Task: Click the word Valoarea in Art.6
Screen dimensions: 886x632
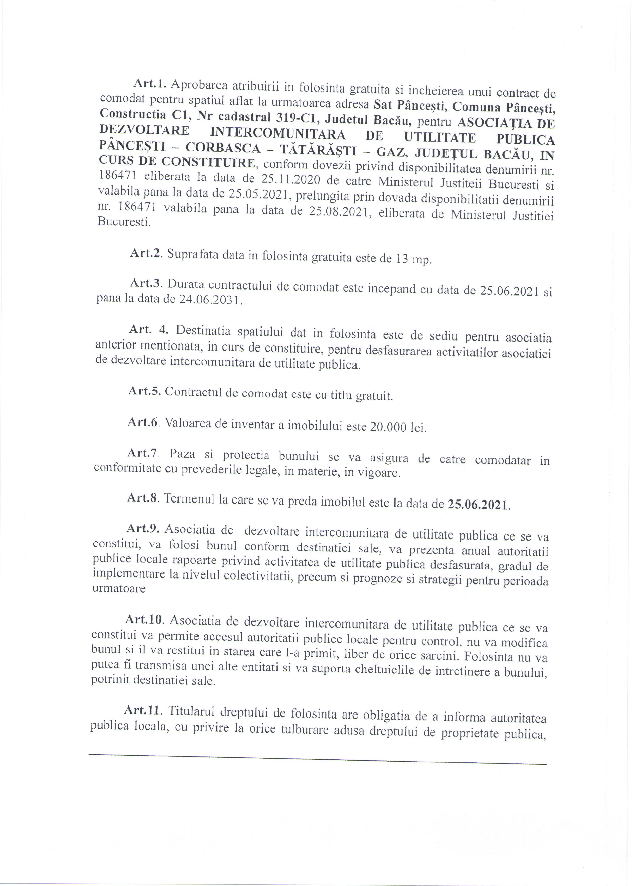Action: coord(187,423)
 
